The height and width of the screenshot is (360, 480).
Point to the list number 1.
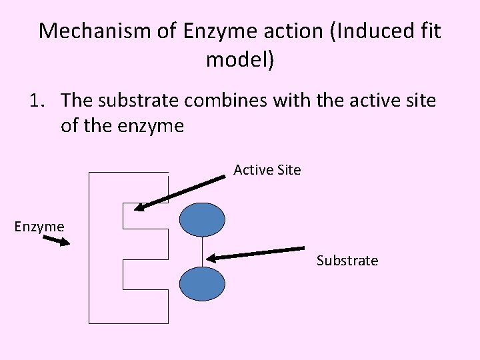tap(37, 101)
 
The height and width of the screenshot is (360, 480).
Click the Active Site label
tap(267, 170)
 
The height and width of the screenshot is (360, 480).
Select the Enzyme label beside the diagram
tap(39, 227)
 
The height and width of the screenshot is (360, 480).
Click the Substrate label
tap(347, 260)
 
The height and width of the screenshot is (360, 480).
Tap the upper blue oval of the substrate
tap(203, 220)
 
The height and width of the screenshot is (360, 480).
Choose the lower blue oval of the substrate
tap(203, 284)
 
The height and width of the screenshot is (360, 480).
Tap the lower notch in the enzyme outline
tap(143, 274)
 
